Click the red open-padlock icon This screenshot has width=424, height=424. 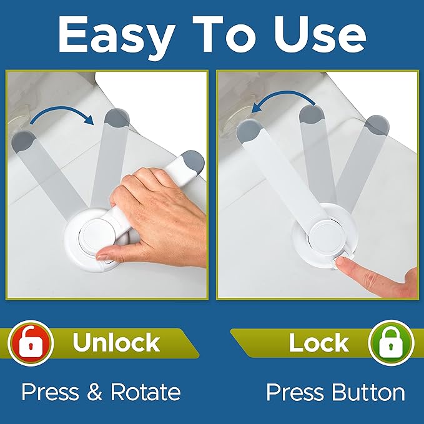pyautogui.click(x=29, y=342)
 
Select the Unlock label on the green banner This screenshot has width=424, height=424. pyautogui.click(x=116, y=343)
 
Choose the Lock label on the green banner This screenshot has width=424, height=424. pyautogui.click(x=318, y=343)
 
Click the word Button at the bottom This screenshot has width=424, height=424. pyautogui.click(x=368, y=392)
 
